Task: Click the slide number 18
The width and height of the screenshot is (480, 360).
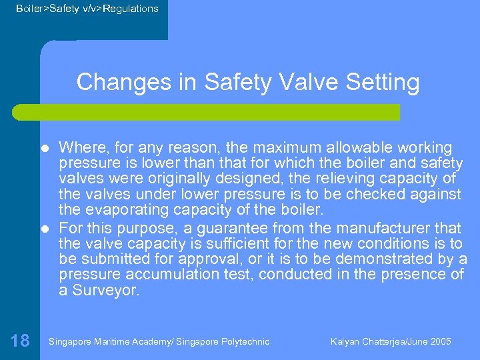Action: tap(20, 341)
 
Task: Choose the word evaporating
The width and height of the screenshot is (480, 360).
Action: tap(125, 210)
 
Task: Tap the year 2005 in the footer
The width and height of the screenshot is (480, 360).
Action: tap(440, 342)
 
